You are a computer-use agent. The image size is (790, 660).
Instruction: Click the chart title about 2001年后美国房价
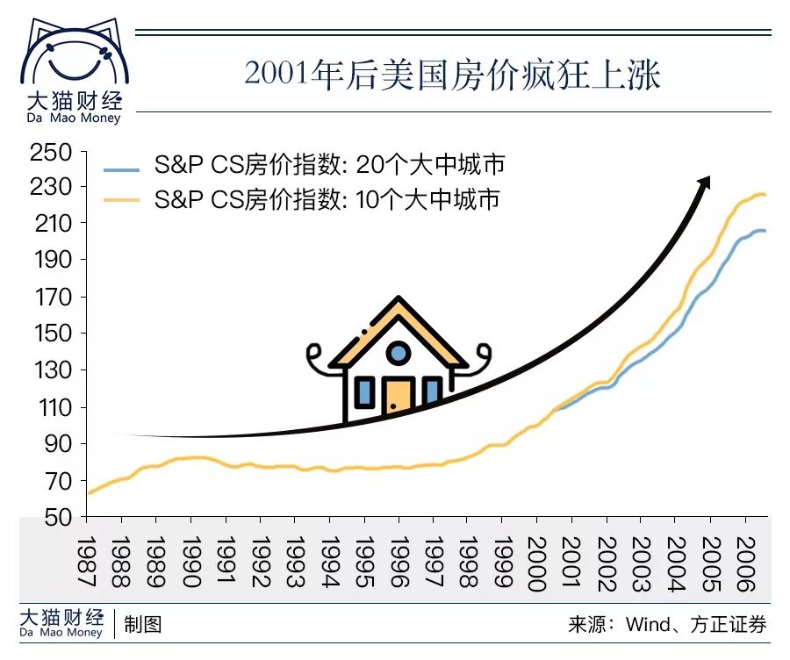click(x=452, y=75)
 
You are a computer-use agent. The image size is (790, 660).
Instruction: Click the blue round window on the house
click(x=399, y=353)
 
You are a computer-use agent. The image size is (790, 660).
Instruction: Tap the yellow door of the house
click(x=398, y=396)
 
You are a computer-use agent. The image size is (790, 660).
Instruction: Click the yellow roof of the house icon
click(x=399, y=320)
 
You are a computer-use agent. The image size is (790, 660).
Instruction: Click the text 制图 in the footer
click(x=142, y=624)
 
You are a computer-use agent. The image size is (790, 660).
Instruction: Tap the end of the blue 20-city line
click(x=764, y=231)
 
